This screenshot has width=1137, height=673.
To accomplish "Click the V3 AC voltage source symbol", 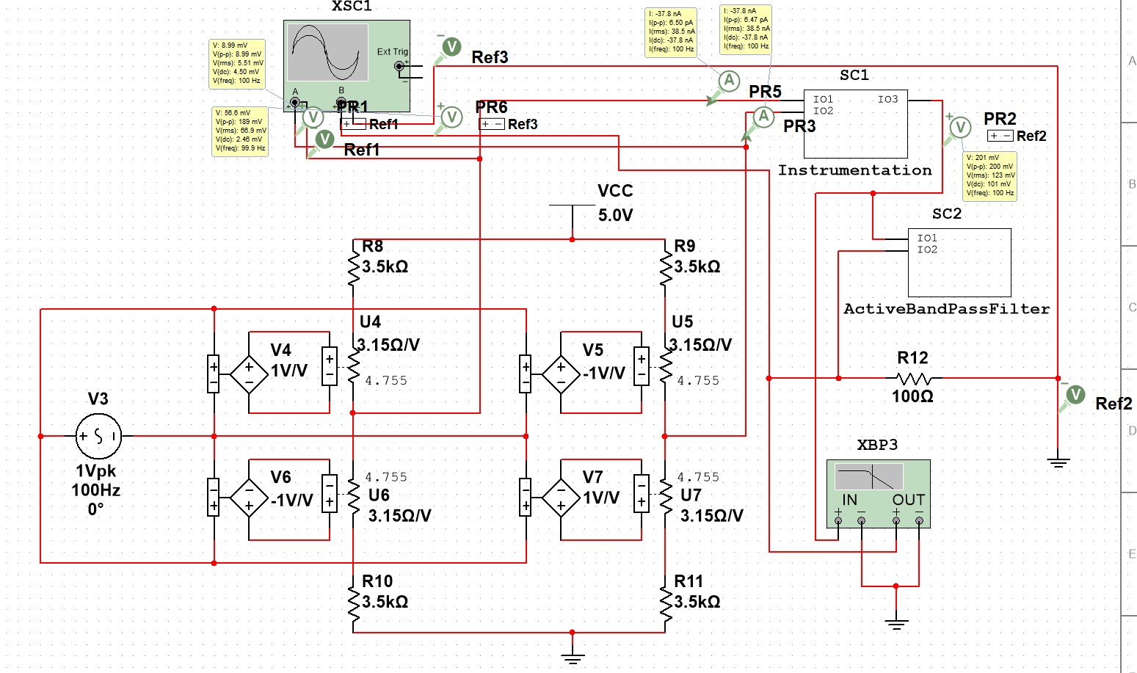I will tap(98, 436).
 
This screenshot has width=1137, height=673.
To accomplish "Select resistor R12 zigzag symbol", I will tap(913, 379).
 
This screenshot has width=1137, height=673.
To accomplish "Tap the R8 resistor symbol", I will tap(354, 267).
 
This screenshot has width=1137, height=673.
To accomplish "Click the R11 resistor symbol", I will tap(665, 602).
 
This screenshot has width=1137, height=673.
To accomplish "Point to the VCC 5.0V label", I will tap(615, 203).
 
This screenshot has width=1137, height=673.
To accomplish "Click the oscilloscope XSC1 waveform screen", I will tap(327, 52).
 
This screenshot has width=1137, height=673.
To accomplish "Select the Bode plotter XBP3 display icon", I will tap(869, 478).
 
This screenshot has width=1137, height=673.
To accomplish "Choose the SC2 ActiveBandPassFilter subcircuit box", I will tap(959, 263).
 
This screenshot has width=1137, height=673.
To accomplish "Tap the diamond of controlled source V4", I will tap(249, 374).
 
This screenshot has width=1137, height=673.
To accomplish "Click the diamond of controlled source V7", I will tap(561, 500).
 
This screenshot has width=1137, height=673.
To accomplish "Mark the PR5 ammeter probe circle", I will tap(728, 81).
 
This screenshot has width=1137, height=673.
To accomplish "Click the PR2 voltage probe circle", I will tap(960, 128).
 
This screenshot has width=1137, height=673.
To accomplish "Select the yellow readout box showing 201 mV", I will tap(989, 176).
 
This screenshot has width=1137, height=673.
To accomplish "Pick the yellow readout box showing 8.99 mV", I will tap(238, 63).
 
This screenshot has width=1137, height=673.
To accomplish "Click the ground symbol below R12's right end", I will tap(1058, 462).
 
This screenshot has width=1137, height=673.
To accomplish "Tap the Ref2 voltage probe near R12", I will tap(1075, 395).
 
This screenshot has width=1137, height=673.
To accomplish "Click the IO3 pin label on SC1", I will tap(887, 99).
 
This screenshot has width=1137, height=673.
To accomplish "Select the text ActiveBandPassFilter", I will tap(946, 309).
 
